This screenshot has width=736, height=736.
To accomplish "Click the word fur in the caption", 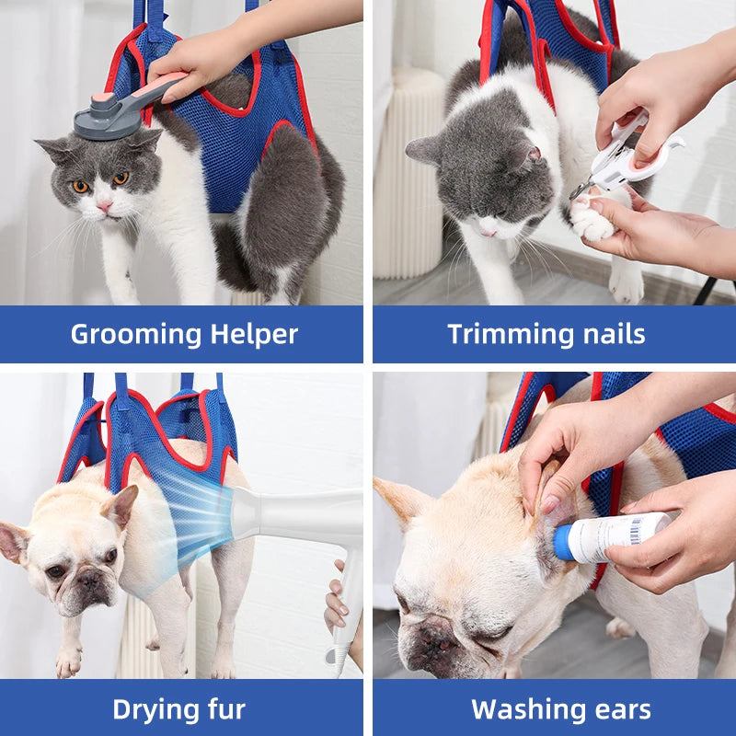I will tap(224, 709).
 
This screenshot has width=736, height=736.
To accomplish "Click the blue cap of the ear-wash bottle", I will tap(562, 544).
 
